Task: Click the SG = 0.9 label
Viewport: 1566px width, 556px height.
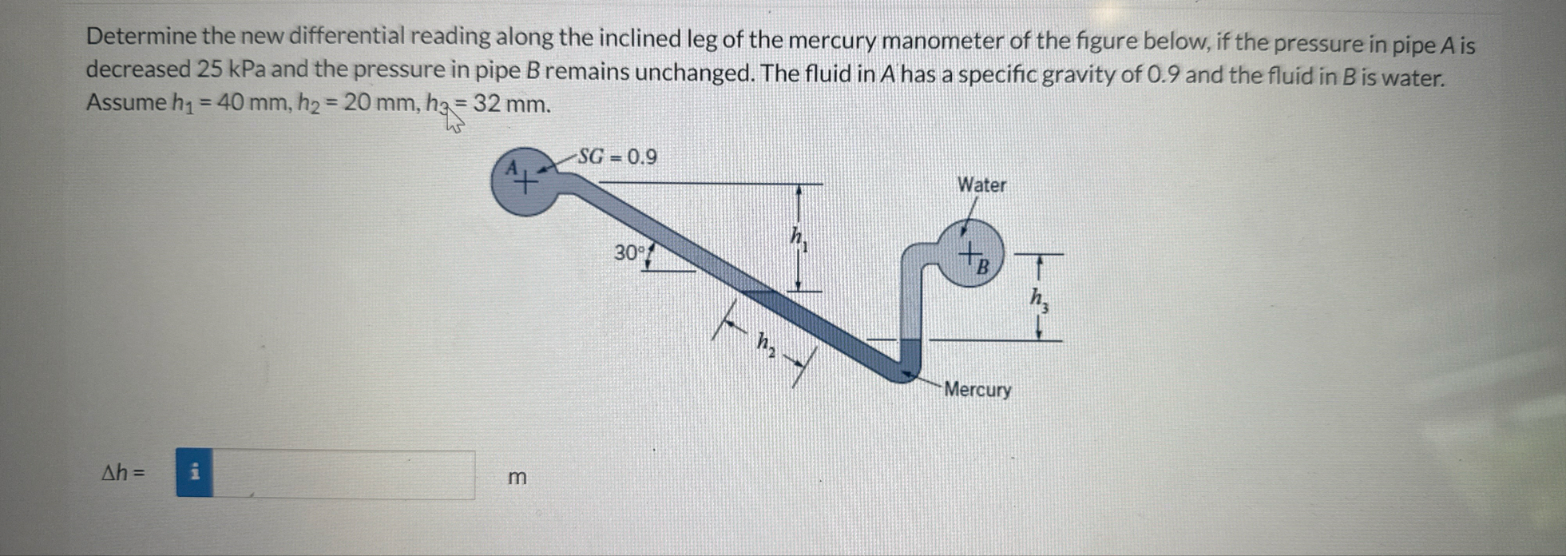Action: [616, 157]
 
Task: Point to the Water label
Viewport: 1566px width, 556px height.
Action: [981, 185]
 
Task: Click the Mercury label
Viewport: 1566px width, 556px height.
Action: [977, 390]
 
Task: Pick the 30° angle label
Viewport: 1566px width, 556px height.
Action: [629, 253]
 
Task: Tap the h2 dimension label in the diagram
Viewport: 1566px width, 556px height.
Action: [765, 344]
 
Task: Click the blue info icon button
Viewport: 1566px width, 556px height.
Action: [194, 473]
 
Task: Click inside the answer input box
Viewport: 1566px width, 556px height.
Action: [343, 475]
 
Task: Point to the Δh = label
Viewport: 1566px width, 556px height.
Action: [123, 473]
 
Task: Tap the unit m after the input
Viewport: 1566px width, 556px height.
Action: [517, 478]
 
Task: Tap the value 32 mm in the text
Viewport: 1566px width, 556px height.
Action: [511, 105]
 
